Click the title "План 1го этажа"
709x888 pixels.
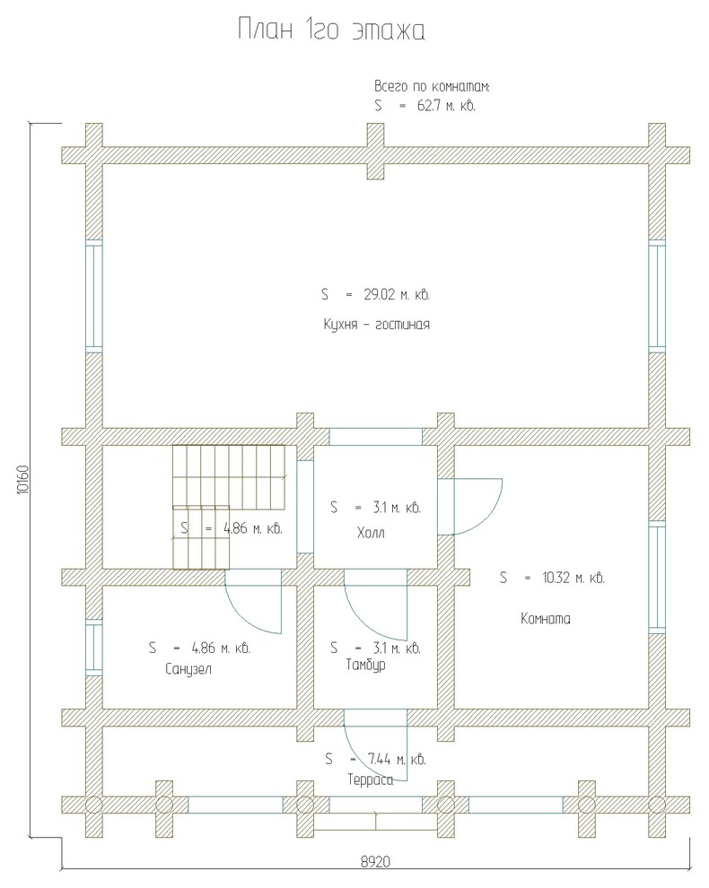(331, 30)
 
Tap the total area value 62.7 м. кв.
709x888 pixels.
(446, 106)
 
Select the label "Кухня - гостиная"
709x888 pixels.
(377, 325)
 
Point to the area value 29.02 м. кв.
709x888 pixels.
(397, 295)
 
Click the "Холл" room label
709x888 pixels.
(371, 533)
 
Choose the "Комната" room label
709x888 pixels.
(545, 618)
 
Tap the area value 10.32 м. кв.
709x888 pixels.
(573, 579)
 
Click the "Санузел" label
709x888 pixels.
(188, 669)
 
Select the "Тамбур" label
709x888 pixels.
(365, 665)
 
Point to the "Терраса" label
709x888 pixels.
(371, 780)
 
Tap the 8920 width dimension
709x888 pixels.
(376, 862)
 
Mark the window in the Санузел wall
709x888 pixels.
(94, 648)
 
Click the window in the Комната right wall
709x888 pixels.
(656, 577)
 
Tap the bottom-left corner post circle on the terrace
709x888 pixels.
(94, 805)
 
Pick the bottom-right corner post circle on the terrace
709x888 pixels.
(657, 805)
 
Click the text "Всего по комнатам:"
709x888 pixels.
(432, 87)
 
